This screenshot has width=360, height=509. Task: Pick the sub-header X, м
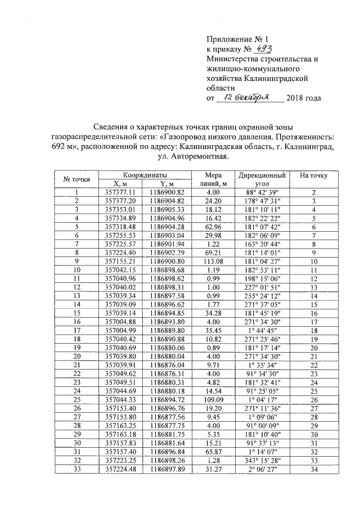pos(120,183)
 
